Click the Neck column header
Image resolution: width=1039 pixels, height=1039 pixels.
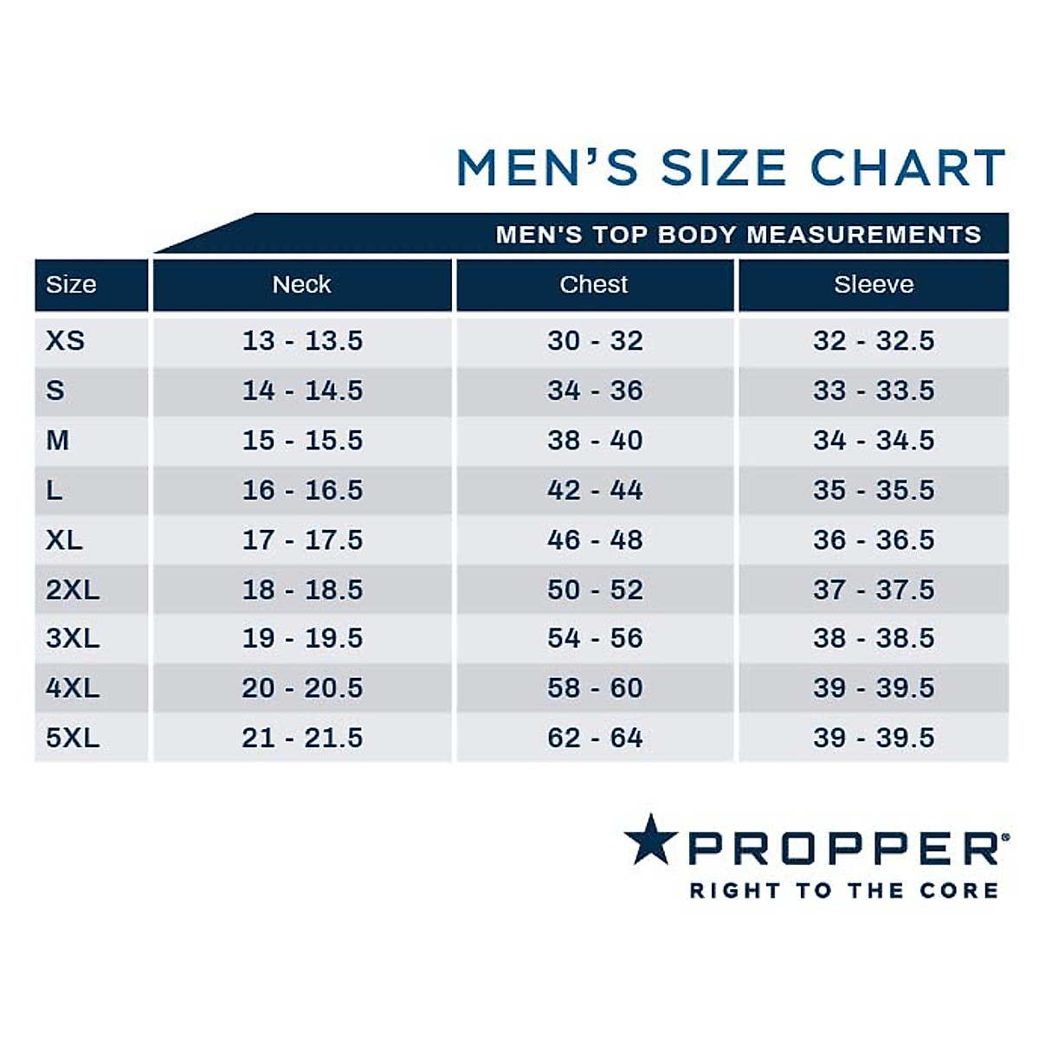click(x=301, y=285)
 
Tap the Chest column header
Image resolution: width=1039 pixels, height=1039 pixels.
click(x=594, y=285)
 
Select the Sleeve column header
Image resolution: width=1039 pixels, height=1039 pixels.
click(x=874, y=285)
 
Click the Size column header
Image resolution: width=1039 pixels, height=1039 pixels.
click(x=71, y=285)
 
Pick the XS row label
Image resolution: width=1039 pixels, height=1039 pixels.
click(x=65, y=340)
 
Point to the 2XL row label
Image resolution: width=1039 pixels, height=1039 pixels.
click(x=73, y=590)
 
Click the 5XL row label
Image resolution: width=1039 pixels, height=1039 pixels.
click(x=73, y=738)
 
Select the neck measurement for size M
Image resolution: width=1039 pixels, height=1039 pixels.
click(x=302, y=440)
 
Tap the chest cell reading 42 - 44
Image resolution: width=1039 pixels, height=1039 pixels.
click(x=595, y=490)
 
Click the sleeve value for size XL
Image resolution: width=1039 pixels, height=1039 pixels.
click(x=874, y=539)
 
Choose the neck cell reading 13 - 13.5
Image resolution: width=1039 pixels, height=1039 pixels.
click(x=302, y=340)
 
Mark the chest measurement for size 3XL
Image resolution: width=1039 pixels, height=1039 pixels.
click(x=595, y=638)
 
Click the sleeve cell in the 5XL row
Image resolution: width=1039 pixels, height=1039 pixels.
click(x=874, y=738)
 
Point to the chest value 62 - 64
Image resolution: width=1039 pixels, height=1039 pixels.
click(x=595, y=738)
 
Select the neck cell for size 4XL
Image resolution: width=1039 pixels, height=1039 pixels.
click(x=302, y=688)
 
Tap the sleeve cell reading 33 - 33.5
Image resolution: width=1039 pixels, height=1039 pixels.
click(x=874, y=390)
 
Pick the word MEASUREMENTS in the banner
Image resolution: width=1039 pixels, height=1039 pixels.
click(x=864, y=235)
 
